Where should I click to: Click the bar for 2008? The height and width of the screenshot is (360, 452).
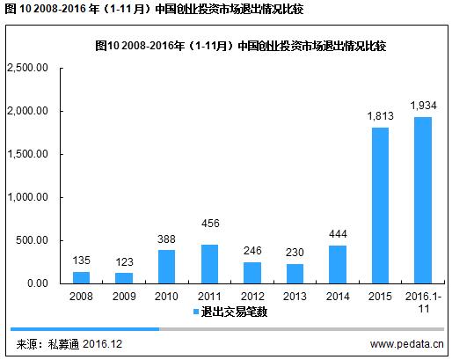(x=81, y=277)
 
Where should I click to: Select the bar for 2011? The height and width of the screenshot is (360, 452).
(x=209, y=263)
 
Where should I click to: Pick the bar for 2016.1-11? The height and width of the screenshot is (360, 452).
(x=423, y=200)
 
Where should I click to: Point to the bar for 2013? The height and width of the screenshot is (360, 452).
(x=295, y=273)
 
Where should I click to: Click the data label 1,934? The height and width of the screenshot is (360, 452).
(x=423, y=106)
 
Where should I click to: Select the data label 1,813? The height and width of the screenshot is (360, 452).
(x=380, y=116)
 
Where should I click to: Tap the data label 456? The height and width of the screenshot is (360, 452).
(x=209, y=232)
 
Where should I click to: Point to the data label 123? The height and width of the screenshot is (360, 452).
(x=124, y=261)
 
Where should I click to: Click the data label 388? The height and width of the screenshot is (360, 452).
(x=167, y=239)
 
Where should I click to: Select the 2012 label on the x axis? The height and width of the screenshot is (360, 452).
(x=252, y=297)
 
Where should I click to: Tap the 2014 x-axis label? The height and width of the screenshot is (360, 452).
(x=338, y=297)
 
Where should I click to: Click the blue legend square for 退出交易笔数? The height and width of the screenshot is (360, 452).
(x=194, y=312)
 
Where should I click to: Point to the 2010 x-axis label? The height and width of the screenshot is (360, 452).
(x=167, y=297)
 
